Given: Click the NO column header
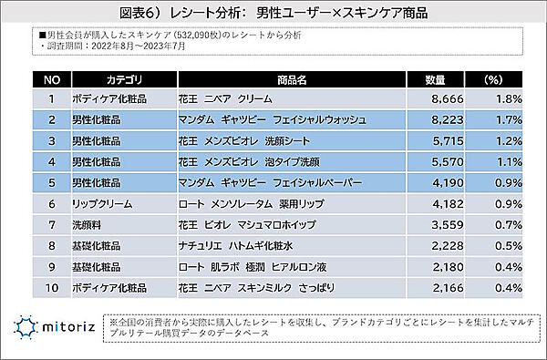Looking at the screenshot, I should [x=52, y=79].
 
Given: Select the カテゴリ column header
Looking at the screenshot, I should [x=121, y=79].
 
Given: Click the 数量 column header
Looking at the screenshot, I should [x=436, y=79].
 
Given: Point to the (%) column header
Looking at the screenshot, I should [x=493, y=79].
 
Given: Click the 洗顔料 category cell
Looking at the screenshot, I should [x=88, y=225].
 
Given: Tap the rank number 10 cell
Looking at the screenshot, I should [x=52, y=288].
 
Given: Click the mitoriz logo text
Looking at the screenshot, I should [x=70, y=325].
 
